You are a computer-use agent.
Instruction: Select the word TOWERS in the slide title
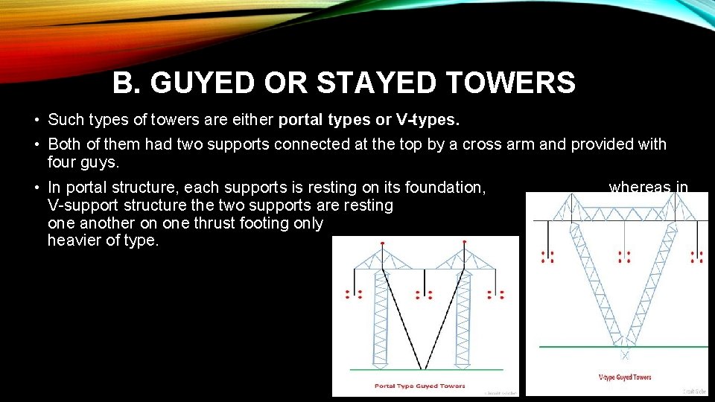521,83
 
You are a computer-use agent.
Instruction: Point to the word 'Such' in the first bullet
64,120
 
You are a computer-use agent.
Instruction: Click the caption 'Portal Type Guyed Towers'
420,386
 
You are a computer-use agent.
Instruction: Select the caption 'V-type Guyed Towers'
625,377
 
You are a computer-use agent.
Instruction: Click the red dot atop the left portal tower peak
383,243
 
